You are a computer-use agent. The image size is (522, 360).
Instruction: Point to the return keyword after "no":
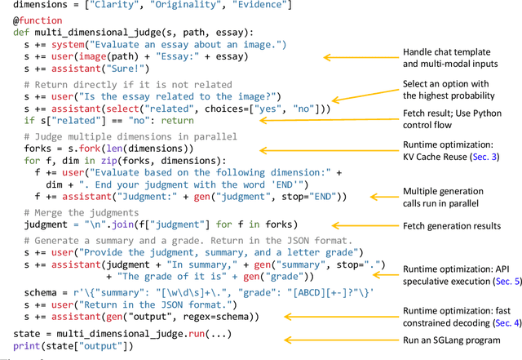[x=177, y=121]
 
